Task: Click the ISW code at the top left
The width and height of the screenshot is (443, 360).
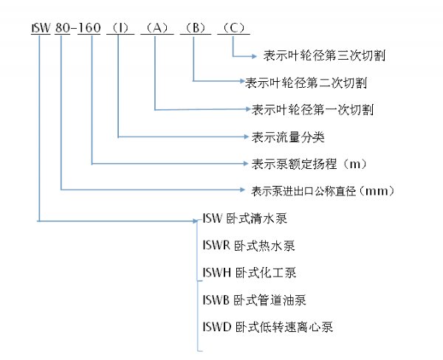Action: (x=41, y=29)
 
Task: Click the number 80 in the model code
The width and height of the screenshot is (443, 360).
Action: (x=64, y=29)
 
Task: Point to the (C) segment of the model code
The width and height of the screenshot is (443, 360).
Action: (x=233, y=29)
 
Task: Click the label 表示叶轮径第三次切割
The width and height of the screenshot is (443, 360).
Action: (x=323, y=55)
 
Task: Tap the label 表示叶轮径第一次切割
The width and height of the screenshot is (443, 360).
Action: (x=313, y=110)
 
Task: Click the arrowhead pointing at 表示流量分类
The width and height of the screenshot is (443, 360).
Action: (x=246, y=136)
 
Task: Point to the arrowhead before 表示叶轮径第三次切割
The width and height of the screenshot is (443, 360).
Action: (x=256, y=55)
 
